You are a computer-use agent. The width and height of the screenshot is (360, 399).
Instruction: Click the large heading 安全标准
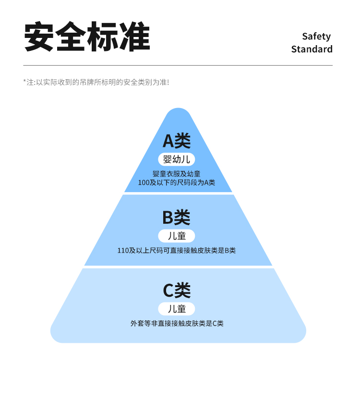87,36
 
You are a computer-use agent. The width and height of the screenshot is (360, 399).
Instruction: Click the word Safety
316,36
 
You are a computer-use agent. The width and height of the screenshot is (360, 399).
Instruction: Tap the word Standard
312,49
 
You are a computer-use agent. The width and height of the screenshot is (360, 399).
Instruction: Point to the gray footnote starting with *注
96,83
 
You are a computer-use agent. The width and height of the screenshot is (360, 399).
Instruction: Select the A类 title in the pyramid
177,141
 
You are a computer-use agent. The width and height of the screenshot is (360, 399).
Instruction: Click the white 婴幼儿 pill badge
177,159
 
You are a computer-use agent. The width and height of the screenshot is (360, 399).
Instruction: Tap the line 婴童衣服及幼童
177,174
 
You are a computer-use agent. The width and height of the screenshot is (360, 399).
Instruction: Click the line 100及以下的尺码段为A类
177,182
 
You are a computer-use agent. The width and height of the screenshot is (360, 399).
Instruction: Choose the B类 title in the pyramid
177,218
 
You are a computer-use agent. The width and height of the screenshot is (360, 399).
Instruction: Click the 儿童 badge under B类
177,236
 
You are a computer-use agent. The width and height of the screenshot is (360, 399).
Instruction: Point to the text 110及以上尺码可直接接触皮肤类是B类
177,250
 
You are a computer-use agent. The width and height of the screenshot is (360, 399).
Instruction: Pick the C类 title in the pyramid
177,290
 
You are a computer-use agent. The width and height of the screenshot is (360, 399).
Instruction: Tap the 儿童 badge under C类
177,309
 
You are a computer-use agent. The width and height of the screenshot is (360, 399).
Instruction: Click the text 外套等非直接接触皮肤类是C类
177,324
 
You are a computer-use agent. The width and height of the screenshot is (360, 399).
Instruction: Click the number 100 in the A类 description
144,183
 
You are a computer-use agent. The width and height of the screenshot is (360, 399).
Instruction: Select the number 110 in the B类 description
123,251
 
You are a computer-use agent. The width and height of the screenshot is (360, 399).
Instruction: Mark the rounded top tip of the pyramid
179,109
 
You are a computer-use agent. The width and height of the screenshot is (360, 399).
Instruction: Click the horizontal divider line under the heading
178,65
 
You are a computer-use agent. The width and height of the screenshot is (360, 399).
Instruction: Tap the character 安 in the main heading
39,36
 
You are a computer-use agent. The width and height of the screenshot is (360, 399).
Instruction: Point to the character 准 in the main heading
135,36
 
